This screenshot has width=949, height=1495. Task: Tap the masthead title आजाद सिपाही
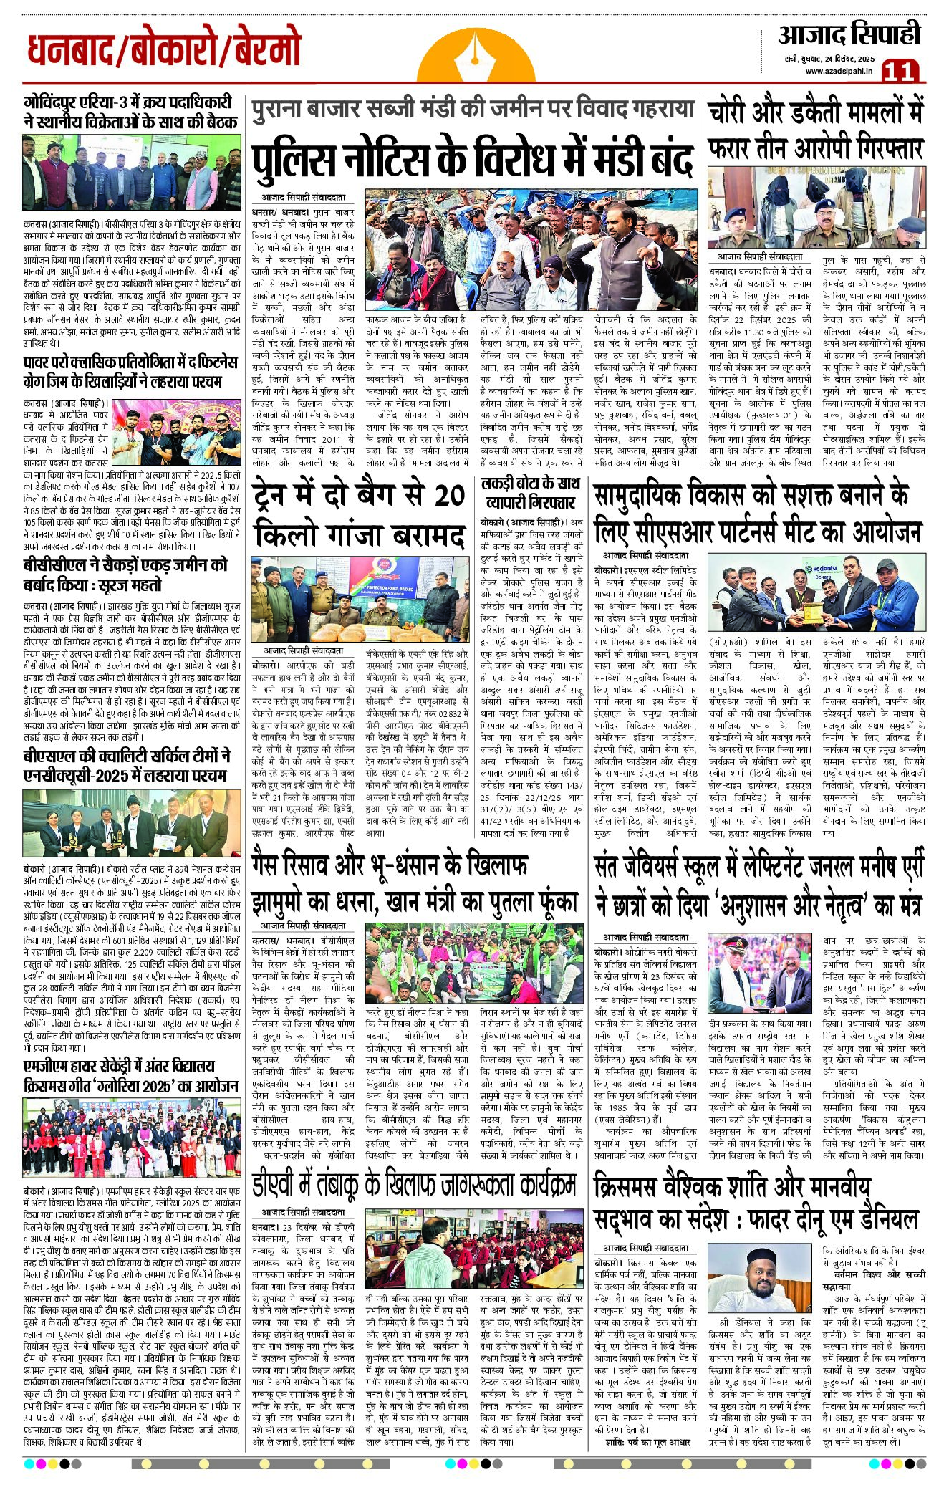click(849, 34)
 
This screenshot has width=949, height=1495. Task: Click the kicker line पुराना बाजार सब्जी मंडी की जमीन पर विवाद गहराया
click(473, 110)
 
